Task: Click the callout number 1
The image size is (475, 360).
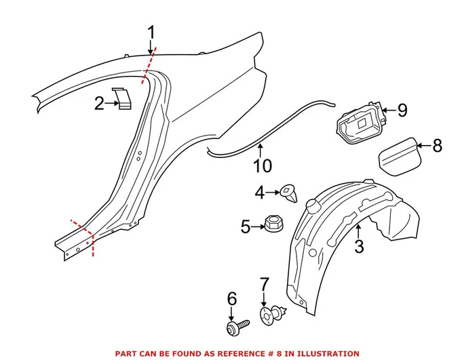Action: pos(151,32)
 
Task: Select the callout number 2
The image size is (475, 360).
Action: pos(100,104)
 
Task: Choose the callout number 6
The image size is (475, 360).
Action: pos(232,298)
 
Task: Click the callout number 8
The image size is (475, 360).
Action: pos(437,144)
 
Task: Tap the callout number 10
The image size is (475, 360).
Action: pos(262,165)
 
